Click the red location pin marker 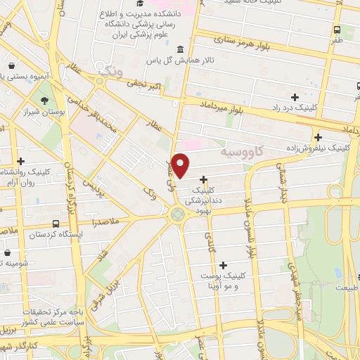coord(181,165)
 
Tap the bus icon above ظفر coord(337,30)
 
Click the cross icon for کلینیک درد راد coord(295,96)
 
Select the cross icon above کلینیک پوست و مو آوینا coord(224,265)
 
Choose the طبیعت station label coord(347,287)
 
